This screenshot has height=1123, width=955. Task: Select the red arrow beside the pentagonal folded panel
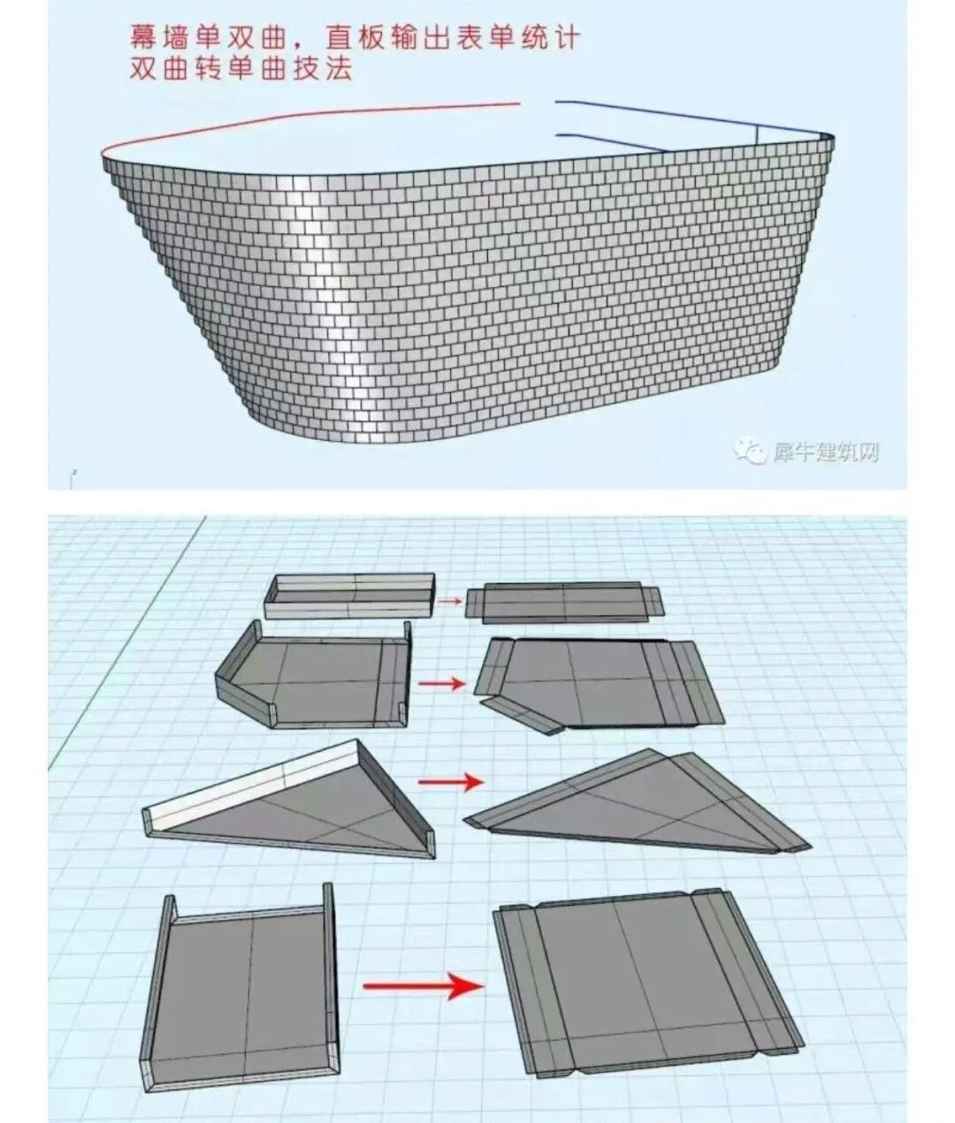pos(441,684)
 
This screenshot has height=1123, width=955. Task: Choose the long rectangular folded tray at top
pos(349,596)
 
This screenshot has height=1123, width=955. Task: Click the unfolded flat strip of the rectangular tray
pos(564,603)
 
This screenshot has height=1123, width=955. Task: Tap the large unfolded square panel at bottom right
pos(647,973)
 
